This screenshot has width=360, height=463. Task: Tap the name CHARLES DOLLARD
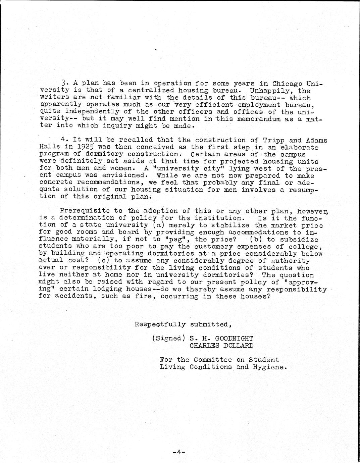pos(221,346)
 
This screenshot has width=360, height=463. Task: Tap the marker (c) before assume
pos(102,261)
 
